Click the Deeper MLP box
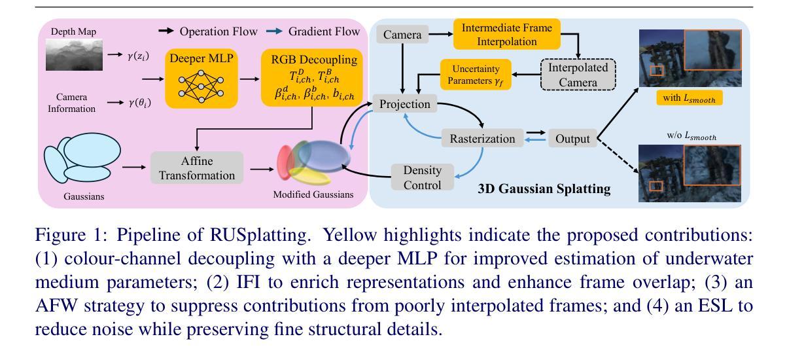[201, 79]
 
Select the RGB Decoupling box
[312, 78]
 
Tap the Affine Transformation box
[197, 168]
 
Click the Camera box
[402, 35]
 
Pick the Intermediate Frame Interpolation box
[506, 34]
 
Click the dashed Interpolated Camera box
[578, 75]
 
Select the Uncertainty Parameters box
[476, 75]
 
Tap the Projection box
[405, 103]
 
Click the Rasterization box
[482, 138]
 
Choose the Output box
[572, 138]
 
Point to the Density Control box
[423, 177]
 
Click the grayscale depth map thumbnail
[74, 54]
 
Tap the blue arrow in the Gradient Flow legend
[274, 31]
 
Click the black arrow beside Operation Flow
[166, 31]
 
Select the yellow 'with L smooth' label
[690, 98]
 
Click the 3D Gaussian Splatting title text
[544, 189]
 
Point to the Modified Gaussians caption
[313, 194]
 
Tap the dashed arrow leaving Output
[618, 155]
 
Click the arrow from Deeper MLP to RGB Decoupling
[249, 79]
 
